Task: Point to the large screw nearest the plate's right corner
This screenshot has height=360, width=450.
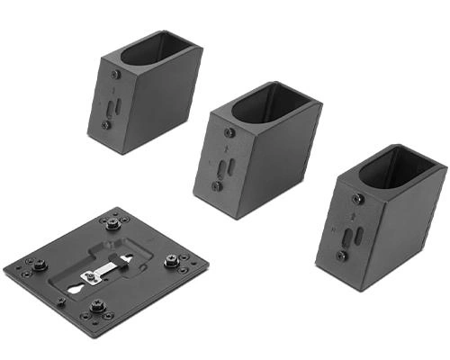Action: pyautogui.click(x=172, y=264)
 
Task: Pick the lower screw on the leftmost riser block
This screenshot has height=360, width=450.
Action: pyautogui.click(x=106, y=125)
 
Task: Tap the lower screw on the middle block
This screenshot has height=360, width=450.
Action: pyautogui.click(x=217, y=186)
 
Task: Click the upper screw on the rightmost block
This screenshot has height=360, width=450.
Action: pyautogui.click(x=357, y=199)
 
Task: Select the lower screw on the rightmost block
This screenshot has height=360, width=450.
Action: pyautogui.click(x=342, y=256)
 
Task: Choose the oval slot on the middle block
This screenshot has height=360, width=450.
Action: pyautogui.click(x=229, y=167)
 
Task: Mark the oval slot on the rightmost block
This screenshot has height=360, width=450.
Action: pyautogui.click(x=358, y=236)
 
